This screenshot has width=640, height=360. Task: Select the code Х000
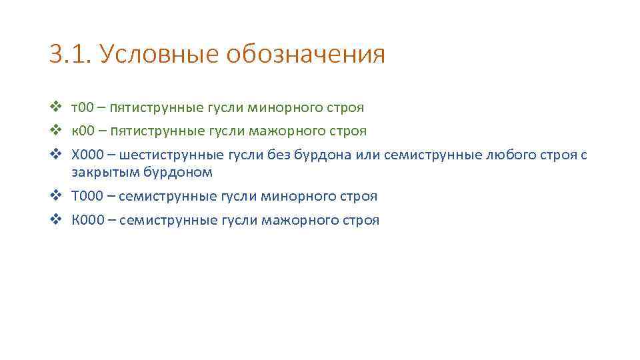point(88,155)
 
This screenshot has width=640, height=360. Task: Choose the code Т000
point(88,196)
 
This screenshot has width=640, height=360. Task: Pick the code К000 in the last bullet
point(88,220)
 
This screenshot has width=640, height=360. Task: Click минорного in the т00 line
point(275,107)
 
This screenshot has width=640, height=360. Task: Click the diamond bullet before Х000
point(55,155)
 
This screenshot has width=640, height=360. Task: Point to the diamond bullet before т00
point(55,106)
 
